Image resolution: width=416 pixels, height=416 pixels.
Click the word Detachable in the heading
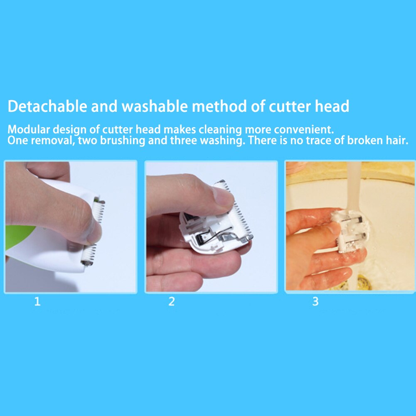click(47, 106)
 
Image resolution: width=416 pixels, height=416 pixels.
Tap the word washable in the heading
click(155, 106)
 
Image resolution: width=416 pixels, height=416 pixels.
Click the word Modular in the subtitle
click(29, 130)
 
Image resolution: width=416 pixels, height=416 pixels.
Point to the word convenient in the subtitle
click(303, 130)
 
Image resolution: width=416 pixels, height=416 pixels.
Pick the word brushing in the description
click(122, 140)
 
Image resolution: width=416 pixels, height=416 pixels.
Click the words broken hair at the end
click(377, 140)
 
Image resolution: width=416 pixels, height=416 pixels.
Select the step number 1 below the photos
click(37, 301)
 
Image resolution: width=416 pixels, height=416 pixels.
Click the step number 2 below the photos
click(172, 301)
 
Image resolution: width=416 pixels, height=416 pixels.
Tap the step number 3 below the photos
click(315, 301)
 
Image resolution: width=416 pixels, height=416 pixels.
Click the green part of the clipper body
click(19, 236)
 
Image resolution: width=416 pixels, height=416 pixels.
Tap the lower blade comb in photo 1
click(89, 255)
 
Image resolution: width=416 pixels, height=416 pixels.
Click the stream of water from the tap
click(354, 186)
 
